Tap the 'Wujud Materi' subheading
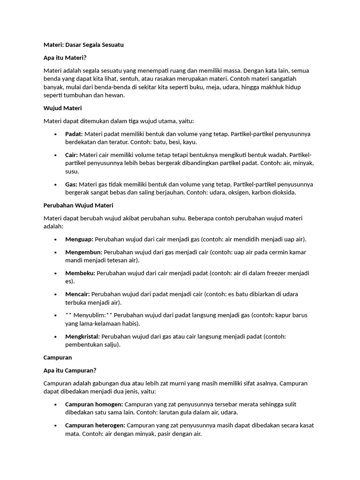(62, 108)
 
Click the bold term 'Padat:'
(74, 134)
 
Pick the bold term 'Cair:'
(72, 155)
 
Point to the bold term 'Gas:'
(71, 184)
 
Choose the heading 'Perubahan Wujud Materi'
(78, 205)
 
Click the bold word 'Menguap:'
(79, 240)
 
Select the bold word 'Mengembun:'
(83, 252)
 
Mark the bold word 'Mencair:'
(77, 294)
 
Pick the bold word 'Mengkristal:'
(82, 337)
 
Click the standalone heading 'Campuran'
(58, 358)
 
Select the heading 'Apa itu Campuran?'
(70, 370)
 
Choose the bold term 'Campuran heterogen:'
(95, 426)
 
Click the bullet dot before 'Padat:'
(56, 135)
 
